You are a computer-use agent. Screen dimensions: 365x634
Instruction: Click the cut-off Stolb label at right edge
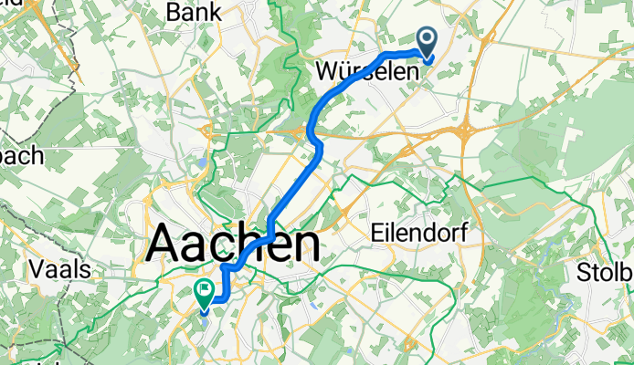[606, 273]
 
